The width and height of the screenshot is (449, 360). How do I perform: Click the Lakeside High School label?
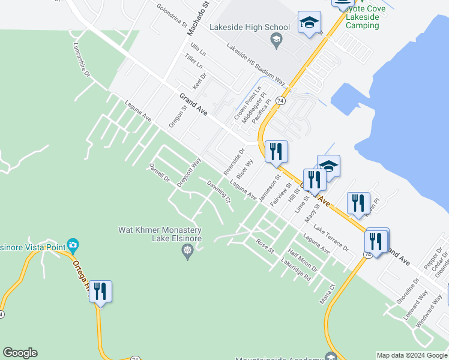click(249, 27)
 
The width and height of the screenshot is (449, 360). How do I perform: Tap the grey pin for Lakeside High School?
click(276, 41)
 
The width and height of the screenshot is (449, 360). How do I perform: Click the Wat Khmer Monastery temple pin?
click(188, 250)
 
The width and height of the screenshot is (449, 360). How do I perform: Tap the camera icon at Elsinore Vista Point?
click(73, 245)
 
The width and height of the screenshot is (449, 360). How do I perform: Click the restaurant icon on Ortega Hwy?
click(100, 292)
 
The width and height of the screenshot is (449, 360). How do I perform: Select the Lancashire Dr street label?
click(82, 59)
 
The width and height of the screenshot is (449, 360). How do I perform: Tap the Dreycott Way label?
click(188, 173)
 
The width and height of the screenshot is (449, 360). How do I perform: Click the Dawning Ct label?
click(219, 192)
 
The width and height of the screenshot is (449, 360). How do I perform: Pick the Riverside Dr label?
click(234, 162)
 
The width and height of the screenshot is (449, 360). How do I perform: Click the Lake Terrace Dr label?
click(331, 239)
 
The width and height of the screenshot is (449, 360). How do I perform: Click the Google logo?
click(20, 353)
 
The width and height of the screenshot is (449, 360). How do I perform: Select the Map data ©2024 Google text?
click(411, 355)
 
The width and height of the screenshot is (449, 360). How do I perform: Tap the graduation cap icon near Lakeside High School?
click(309, 23)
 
